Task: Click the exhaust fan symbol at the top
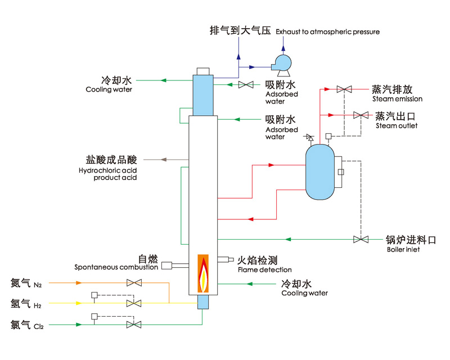[281, 62]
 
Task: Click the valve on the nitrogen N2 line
[134, 283]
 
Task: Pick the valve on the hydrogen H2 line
[134, 304]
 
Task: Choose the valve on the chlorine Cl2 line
[134, 325]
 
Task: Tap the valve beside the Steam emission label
[344, 89]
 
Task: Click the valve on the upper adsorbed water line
[246, 85]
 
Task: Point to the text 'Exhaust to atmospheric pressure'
[328, 32]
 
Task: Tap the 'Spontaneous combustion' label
[116, 267]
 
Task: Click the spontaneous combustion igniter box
[167, 265]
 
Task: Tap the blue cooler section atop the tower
[203, 94]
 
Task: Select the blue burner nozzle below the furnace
[202, 301]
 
